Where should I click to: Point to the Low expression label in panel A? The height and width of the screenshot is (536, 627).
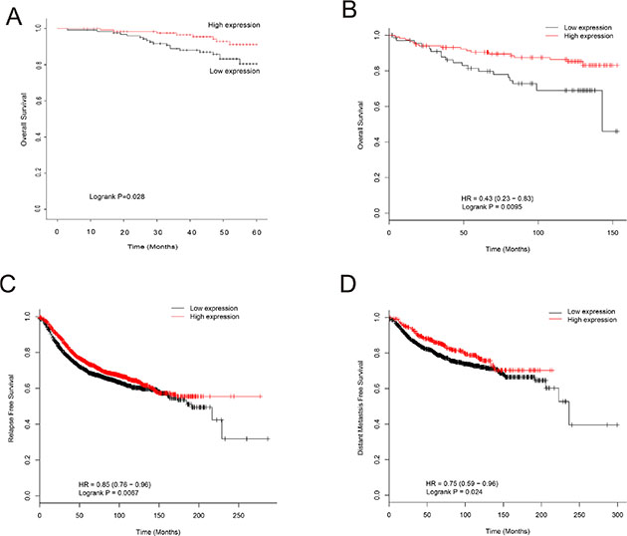[x=233, y=72]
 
